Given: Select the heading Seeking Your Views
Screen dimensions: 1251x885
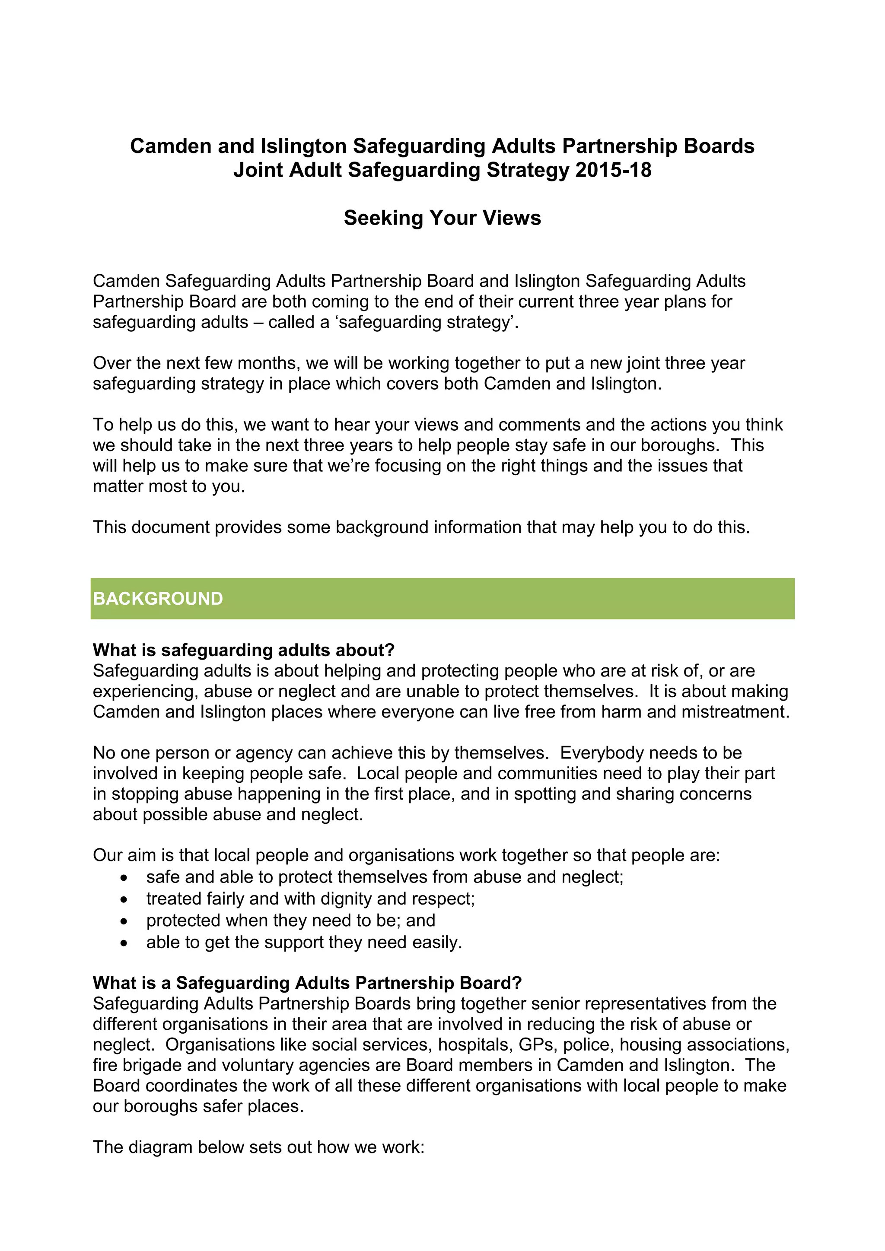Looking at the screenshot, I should pyautogui.click(x=442, y=218).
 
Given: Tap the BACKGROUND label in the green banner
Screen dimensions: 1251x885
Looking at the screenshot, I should pyautogui.click(x=158, y=599).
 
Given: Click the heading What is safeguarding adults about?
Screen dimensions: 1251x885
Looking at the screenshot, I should pyautogui.click(x=244, y=650).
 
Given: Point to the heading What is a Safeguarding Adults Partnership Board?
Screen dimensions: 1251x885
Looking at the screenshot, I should pyautogui.click(x=307, y=983).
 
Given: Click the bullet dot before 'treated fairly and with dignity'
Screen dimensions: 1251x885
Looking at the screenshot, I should pyautogui.click(x=124, y=899).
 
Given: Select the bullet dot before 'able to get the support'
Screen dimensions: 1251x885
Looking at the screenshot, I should pyautogui.click(x=124, y=943).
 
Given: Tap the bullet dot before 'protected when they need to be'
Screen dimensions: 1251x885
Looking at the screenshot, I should pyautogui.click(x=124, y=921).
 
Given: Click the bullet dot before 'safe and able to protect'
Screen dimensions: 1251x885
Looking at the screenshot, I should pyautogui.click(x=124, y=878).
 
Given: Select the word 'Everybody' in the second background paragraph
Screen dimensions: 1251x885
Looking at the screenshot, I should pyautogui.click(x=602, y=753).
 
